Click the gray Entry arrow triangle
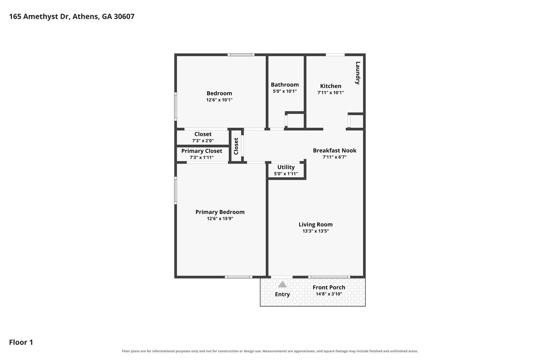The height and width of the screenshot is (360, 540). (x=282, y=285)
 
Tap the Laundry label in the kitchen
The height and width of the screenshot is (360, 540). (x=358, y=73)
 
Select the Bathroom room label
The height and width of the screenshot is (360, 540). (x=285, y=85)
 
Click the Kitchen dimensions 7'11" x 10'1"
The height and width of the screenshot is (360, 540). (x=331, y=92)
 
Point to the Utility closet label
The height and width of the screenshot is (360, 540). (x=286, y=167)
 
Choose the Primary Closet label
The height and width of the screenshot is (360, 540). (x=202, y=151)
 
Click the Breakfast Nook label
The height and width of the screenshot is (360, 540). (x=335, y=150)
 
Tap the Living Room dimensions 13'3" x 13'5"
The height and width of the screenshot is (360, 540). (x=316, y=231)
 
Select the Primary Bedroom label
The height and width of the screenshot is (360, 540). (x=220, y=212)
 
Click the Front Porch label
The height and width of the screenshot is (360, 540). (x=329, y=287)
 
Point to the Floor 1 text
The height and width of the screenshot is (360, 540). (x=21, y=342)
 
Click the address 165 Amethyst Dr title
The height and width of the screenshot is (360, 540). (x=72, y=16)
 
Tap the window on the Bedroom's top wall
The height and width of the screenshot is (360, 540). (x=241, y=55)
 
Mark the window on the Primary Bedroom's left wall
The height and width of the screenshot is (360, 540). (x=175, y=190)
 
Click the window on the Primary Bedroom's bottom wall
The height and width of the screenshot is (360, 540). (x=239, y=277)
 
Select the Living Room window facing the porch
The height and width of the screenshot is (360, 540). (x=329, y=277)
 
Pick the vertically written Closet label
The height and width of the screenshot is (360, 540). (x=236, y=146)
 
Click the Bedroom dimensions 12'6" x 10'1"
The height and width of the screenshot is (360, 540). (x=219, y=100)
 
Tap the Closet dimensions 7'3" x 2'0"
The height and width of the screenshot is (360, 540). (x=203, y=141)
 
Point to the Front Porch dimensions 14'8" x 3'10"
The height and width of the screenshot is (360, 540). (x=329, y=294)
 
